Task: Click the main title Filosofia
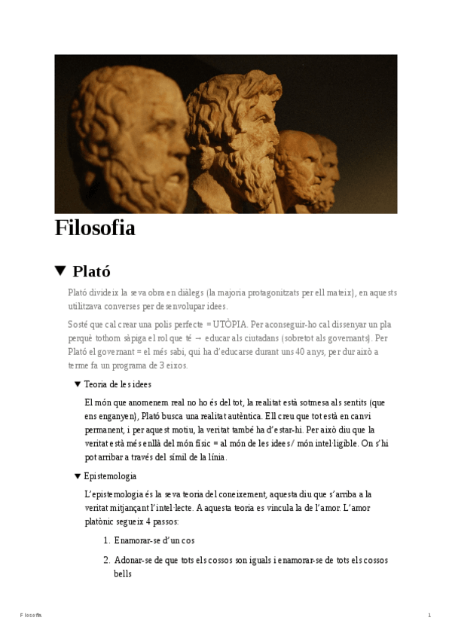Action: click(95, 228)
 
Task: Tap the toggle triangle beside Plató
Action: click(61, 271)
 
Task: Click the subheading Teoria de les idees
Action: click(118, 384)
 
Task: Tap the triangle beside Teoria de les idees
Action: click(78, 384)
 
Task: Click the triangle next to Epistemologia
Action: click(78, 476)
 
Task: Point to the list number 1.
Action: click(106, 540)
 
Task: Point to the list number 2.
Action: click(106, 560)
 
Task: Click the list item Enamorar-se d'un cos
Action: click(154, 540)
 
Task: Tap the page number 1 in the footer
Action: click(429, 616)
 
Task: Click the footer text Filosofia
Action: click(31, 616)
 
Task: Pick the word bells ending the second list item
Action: click(123, 573)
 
